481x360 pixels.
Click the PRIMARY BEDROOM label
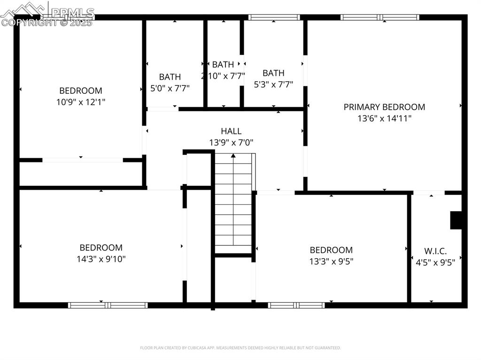[x=384, y=107]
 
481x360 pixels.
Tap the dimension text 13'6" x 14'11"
[x=384, y=118]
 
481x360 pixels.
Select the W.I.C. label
[x=435, y=251]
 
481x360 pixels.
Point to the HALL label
[x=231, y=131]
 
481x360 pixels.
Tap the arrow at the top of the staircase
[x=233, y=155]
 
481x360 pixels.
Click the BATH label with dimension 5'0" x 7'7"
[x=170, y=77]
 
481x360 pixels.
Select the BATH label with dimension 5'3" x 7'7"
[x=273, y=73]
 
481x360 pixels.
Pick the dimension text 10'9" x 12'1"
[x=80, y=102]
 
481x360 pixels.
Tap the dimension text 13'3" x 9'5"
[x=331, y=261]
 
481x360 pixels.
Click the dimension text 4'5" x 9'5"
[x=435, y=262]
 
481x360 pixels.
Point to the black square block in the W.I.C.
[x=456, y=220]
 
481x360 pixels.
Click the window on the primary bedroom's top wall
[x=380, y=17]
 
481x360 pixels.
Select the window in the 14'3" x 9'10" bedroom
[x=108, y=305]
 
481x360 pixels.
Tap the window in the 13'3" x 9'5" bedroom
[x=296, y=305]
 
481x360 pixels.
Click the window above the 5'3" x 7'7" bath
[x=274, y=17]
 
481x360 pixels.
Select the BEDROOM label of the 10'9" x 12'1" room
[x=80, y=91]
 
